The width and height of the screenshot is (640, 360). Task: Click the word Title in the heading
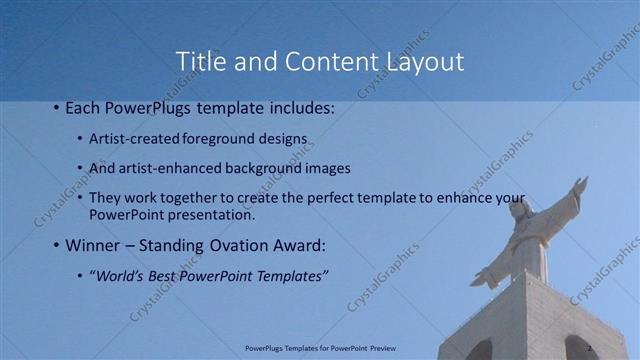tap(200, 61)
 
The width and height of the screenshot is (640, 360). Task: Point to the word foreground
tap(216, 137)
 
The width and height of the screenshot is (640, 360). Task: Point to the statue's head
tap(519, 211)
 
